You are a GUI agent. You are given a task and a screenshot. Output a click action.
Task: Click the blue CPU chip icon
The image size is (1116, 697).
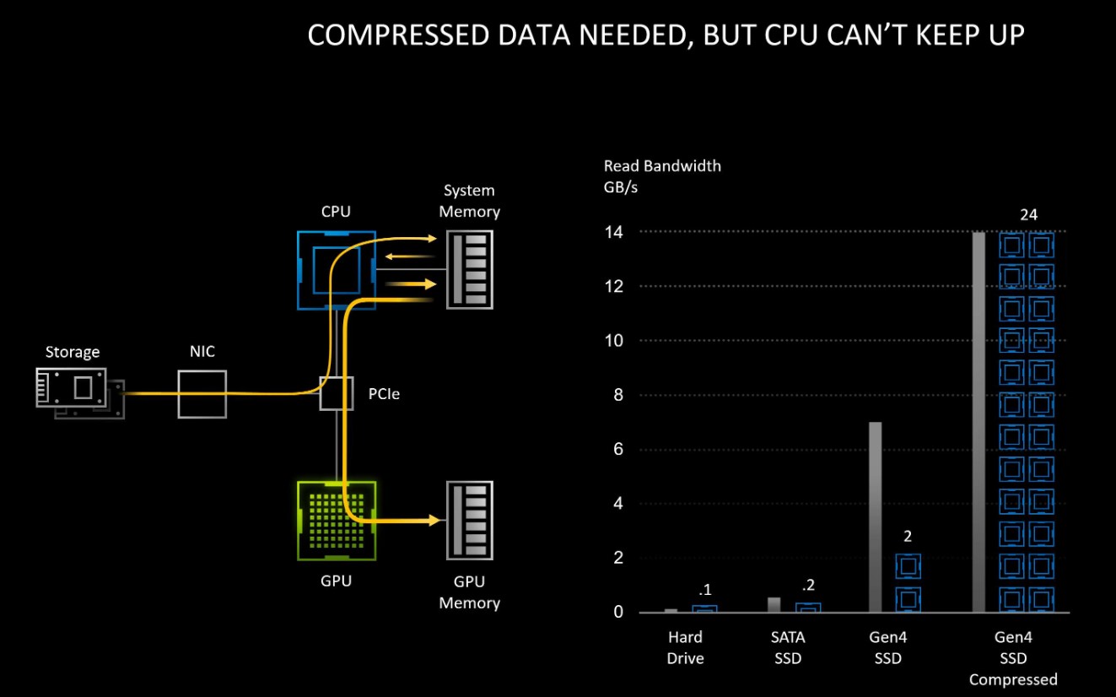337,270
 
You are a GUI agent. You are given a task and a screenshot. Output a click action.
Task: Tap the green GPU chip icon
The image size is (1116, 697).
337,521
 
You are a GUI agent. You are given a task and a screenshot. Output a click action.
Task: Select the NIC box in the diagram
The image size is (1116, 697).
202,393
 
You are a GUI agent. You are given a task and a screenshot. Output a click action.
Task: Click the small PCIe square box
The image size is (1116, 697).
336,393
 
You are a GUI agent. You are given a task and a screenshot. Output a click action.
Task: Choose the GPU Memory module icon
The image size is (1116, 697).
471,521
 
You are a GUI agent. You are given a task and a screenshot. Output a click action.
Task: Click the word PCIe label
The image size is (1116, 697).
384,393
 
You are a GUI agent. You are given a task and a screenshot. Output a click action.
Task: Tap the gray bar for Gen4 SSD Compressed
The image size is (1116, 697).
979,422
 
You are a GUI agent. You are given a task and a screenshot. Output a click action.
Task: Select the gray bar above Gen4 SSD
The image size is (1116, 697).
875,516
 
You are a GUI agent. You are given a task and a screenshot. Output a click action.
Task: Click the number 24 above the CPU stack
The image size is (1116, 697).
1028,215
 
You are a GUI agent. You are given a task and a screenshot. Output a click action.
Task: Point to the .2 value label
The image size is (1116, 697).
807,586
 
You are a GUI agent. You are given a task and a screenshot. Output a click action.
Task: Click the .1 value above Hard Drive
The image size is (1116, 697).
704,589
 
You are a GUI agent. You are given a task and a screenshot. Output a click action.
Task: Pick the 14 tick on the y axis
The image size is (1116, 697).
614,231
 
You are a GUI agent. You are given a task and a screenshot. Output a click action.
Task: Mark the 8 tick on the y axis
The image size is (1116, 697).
618,395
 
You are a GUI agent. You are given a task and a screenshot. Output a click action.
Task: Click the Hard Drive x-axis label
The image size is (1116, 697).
685,647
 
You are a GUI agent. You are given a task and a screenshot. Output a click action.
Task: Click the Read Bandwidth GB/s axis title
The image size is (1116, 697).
662,176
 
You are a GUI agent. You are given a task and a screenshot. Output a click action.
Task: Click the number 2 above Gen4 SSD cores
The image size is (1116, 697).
907,536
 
